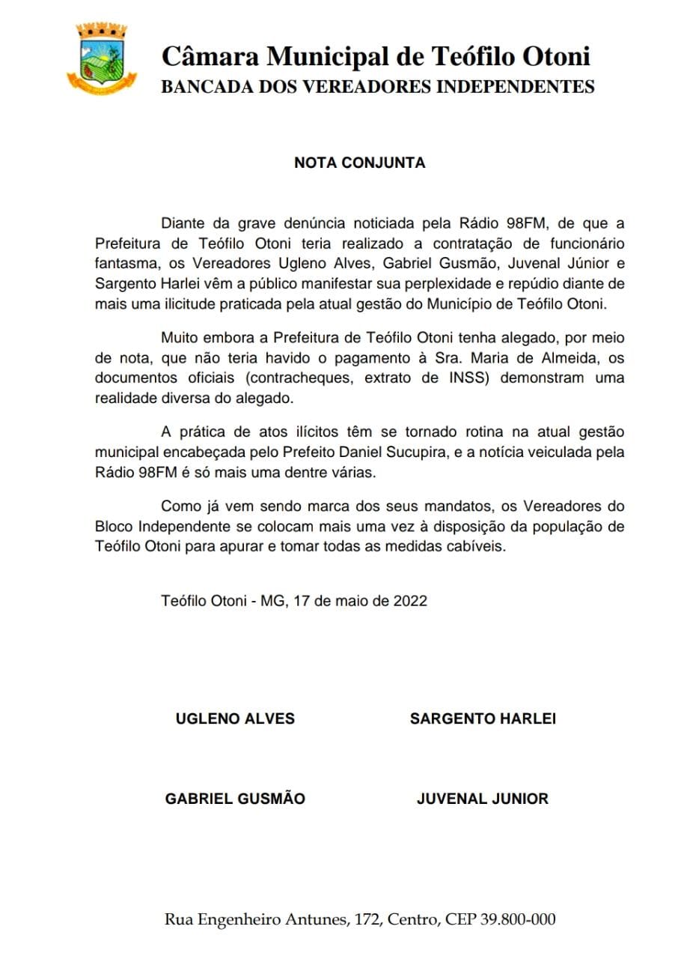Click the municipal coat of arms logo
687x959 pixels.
pos(101,58)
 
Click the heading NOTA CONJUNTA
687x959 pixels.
pos(359,163)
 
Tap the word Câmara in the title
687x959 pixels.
pos(213,56)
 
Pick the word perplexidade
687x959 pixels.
pos(421,284)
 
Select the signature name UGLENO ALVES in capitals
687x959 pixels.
pos(235,719)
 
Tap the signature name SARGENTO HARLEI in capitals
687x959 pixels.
pos(483,719)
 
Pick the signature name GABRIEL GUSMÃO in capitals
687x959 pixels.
pos(235,799)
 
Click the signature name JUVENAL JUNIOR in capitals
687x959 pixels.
pos(483,799)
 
